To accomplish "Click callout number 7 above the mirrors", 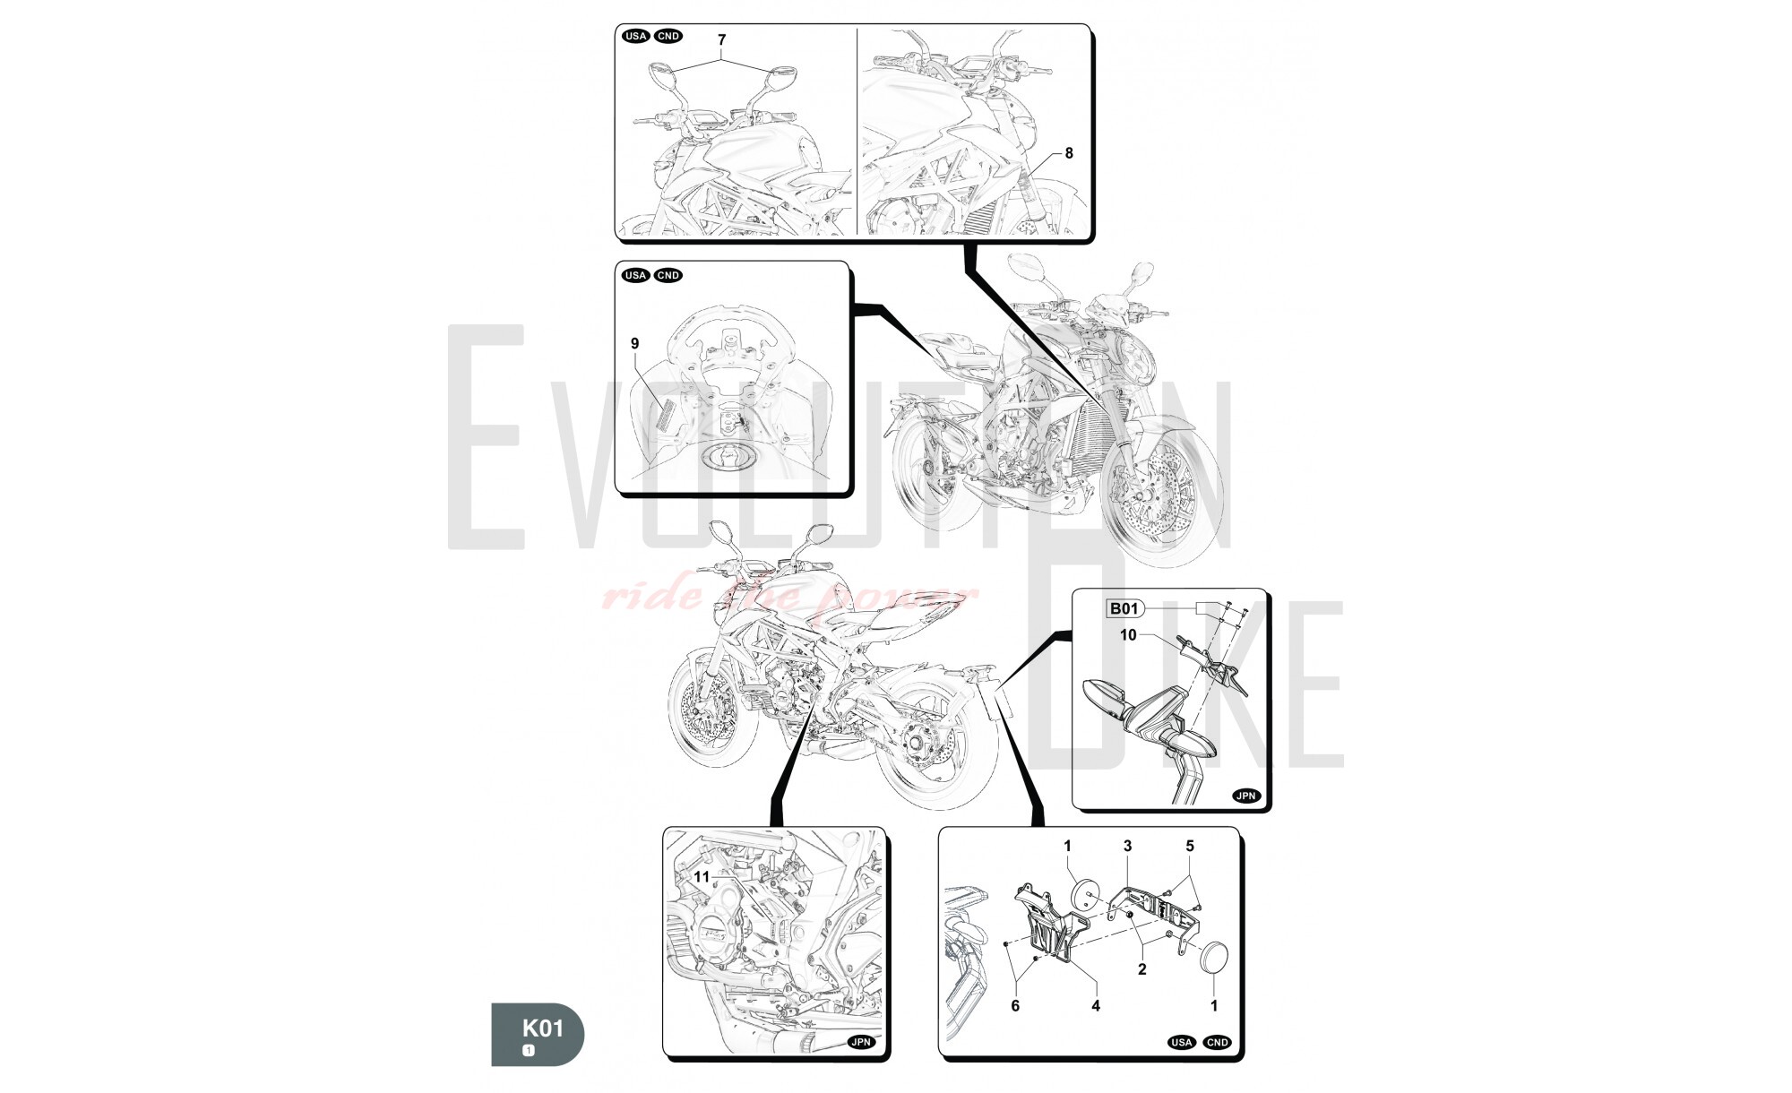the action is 721,40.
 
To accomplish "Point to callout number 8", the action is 1068,153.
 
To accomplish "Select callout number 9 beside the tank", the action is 634,344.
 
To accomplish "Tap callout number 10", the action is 1128,634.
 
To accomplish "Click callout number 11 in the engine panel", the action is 702,876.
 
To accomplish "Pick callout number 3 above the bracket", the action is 1127,846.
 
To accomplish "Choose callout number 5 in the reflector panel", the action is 1190,846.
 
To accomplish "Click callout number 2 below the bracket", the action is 1142,968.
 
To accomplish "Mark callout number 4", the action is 1095,1005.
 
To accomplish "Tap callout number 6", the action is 1015,1005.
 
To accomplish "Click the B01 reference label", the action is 1124,609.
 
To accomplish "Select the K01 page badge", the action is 538,1034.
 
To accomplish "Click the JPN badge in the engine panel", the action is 860,1043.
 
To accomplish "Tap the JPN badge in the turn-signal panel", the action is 1246,796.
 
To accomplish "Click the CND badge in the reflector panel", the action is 1217,1042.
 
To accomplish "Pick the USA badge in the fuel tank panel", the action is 635,275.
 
